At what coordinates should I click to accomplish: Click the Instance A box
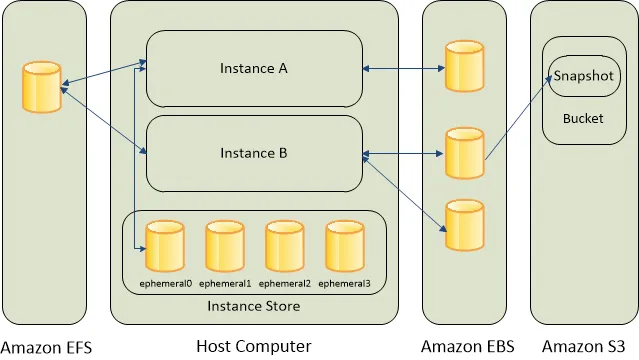[254, 68]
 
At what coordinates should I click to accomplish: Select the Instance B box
[254, 153]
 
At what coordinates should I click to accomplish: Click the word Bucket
[582, 118]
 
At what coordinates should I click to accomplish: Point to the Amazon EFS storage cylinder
[41, 87]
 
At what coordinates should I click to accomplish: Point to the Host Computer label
[253, 346]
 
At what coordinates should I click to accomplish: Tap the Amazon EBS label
[467, 346]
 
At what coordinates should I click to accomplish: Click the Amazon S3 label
[583, 346]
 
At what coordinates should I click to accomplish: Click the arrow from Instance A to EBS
[404, 68]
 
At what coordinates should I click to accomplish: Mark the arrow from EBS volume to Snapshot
[518, 117]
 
